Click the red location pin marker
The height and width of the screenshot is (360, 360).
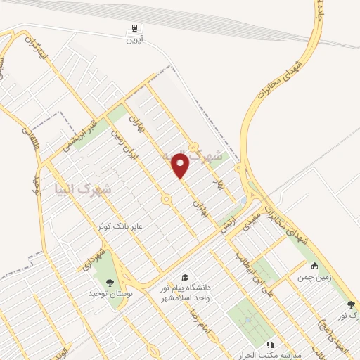[181, 167]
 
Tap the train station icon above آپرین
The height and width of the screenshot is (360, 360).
[133, 29]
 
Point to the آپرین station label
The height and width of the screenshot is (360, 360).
[133, 41]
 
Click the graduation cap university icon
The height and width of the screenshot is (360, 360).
[184, 277]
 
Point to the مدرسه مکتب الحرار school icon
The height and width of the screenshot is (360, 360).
[269, 345]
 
